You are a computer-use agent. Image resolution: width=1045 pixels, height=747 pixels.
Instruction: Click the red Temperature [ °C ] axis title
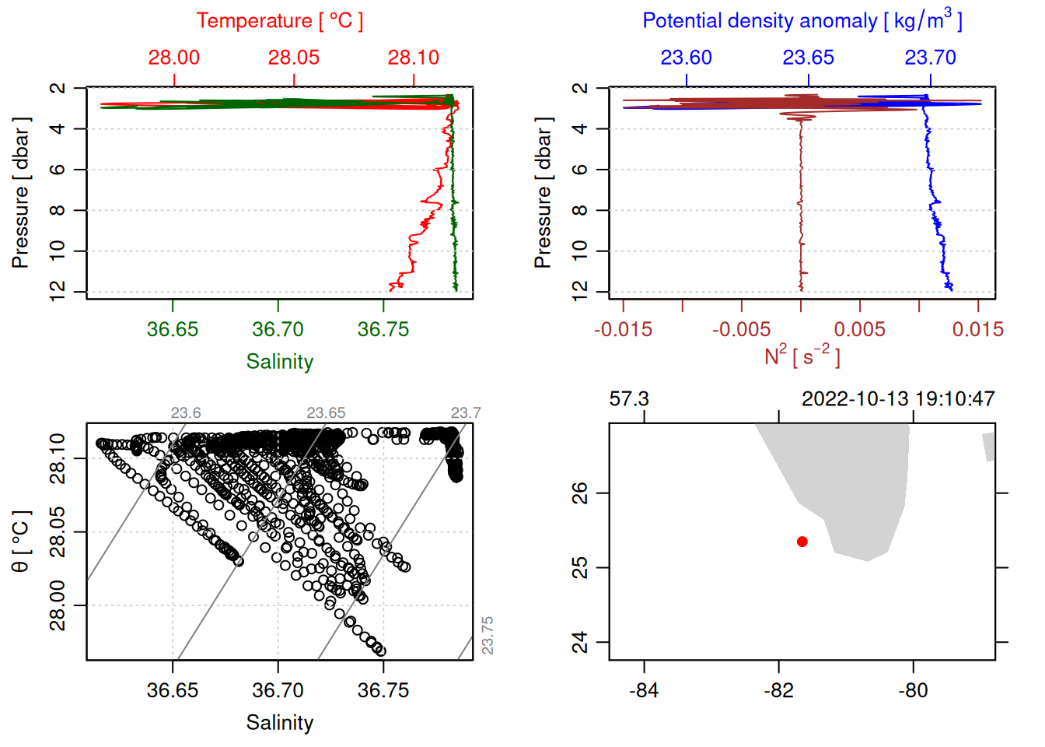pyautogui.click(x=279, y=20)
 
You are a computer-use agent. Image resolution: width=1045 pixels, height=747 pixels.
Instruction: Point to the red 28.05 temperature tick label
pyautogui.click(x=293, y=58)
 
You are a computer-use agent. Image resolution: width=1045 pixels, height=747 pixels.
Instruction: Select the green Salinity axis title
pyautogui.click(x=279, y=362)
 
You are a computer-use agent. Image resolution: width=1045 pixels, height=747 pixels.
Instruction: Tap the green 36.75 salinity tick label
pyautogui.click(x=383, y=329)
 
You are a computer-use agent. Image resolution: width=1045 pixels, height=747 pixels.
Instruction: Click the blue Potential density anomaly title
pyautogui.click(x=802, y=20)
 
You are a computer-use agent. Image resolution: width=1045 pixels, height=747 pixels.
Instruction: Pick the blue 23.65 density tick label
pyautogui.click(x=808, y=58)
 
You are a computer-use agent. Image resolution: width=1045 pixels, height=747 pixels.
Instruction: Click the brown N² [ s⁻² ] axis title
pyautogui.click(x=802, y=356)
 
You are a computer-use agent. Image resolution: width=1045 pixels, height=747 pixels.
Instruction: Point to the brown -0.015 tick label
pyautogui.click(x=623, y=329)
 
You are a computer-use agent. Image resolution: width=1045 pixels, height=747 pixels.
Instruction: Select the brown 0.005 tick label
pyautogui.click(x=859, y=329)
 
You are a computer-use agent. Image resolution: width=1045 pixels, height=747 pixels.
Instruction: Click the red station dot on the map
pyautogui.click(x=802, y=542)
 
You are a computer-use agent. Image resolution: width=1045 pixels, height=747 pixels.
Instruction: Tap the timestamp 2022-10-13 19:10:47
pyautogui.click(x=898, y=399)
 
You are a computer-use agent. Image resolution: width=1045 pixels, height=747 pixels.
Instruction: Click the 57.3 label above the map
pyautogui.click(x=628, y=399)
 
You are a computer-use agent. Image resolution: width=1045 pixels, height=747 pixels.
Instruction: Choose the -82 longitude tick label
pyautogui.click(x=778, y=690)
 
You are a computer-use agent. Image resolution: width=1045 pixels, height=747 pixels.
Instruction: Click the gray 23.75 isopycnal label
pyautogui.click(x=488, y=635)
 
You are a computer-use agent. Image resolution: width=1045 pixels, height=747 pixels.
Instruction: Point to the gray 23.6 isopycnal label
pyautogui.click(x=186, y=413)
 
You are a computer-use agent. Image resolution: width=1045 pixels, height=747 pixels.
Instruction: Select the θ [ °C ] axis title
pyautogui.click(x=20, y=542)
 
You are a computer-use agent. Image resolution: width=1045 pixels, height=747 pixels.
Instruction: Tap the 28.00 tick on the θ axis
pyautogui.click(x=58, y=605)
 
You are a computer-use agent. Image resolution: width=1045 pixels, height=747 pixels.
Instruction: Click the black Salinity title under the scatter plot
pyautogui.click(x=279, y=723)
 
